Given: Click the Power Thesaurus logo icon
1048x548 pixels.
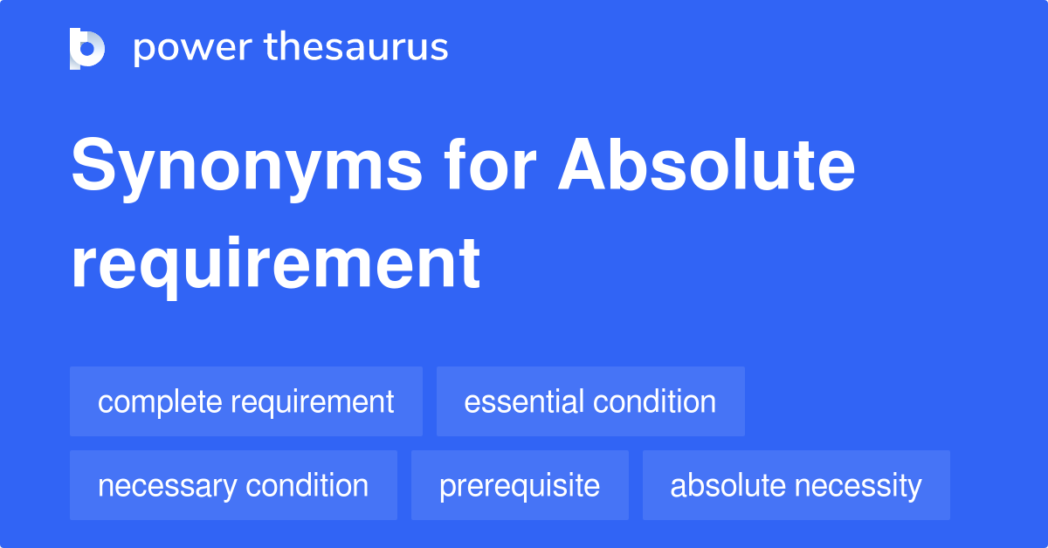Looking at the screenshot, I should pyautogui.click(x=87, y=48).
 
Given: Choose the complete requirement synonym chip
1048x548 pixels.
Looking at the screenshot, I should pyautogui.click(x=246, y=401).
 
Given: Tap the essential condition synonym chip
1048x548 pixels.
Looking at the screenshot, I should pyautogui.click(x=590, y=401).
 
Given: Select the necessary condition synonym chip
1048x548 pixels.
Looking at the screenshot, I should pyautogui.click(x=233, y=485).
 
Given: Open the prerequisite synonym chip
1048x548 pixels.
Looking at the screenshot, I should pyautogui.click(x=520, y=485).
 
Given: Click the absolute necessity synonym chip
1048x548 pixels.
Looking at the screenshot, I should pyautogui.click(x=796, y=485).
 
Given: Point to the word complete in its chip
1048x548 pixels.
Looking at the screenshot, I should pyautogui.click(x=160, y=402).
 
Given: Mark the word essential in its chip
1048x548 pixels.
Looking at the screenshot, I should pyautogui.click(x=524, y=402).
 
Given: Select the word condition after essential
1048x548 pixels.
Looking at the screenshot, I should pyautogui.click(x=654, y=402).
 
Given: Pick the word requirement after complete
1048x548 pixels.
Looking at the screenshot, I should pyautogui.click(x=312, y=402).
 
